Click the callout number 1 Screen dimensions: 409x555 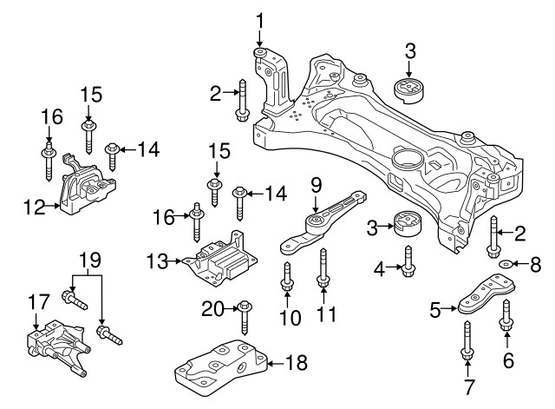tap(259, 18)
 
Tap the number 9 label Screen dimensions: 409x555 tap(316, 184)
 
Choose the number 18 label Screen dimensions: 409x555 tap(296, 363)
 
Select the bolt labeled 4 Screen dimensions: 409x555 tap(408, 261)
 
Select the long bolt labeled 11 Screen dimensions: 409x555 tap(323, 267)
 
